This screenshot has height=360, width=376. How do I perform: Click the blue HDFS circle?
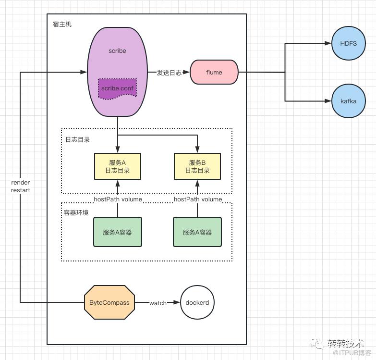(x=349, y=43)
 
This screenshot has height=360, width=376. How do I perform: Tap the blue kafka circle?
(x=349, y=101)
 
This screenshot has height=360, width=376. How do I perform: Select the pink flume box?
(x=214, y=72)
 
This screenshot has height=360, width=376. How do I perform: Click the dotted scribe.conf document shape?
(x=117, y=88)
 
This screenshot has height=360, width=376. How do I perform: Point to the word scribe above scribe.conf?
(x=117, y=50)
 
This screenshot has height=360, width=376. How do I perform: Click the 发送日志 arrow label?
(x=169, y=73)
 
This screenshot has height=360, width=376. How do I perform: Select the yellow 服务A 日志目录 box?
(x=118, y=166)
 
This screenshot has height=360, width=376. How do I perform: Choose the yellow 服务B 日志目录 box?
(x=197, y=166)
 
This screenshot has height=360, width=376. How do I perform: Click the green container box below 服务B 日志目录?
(x=197, y=232)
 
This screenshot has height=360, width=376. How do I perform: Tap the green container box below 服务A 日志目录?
(x=118, y=232)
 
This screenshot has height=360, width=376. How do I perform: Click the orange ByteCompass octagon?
(x=109, y=302)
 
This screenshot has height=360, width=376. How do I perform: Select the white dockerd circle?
(x=197, y=302)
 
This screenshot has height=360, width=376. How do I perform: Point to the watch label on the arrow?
(x=158, y=303)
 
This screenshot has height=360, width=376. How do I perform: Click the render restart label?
(x=21, y=186)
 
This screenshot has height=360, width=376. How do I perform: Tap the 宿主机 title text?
(x=62, y=24)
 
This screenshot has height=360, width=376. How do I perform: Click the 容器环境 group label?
(x=76, y=212)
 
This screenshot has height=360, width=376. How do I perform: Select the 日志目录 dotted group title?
(x=78, y=139)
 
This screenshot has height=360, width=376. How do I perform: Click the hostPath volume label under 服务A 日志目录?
(x=118, y=199)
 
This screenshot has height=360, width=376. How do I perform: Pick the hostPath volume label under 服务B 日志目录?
(x=198, y=199)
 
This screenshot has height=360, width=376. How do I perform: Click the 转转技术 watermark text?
(x=346, y=344)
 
